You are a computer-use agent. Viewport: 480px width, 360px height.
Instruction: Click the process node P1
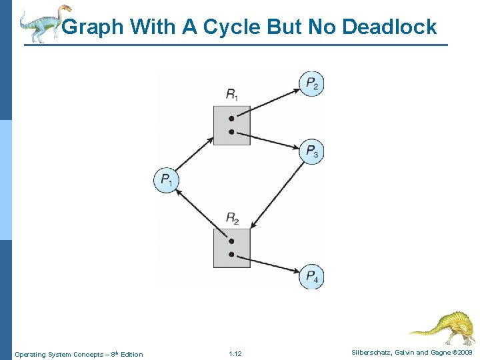(x=167, y=180)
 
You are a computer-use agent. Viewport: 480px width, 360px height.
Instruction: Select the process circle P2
(x=311, y=84)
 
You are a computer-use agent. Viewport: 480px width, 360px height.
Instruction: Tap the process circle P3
(x=311, y=152)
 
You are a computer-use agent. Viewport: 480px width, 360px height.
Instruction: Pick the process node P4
(x=311, y=277)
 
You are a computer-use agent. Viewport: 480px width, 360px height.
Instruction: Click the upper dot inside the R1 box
(x=231, y=118)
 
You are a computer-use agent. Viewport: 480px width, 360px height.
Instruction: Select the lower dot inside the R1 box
(x=231, y=132)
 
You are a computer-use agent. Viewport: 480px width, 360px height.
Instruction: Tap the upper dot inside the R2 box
(x=231, y=241)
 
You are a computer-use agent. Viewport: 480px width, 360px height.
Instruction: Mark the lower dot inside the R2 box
(x=231, y=255)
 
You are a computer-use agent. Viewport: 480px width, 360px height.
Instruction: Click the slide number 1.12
(x=235, y=354)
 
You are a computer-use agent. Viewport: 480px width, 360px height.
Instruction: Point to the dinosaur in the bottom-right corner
(x=443, y=327)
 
